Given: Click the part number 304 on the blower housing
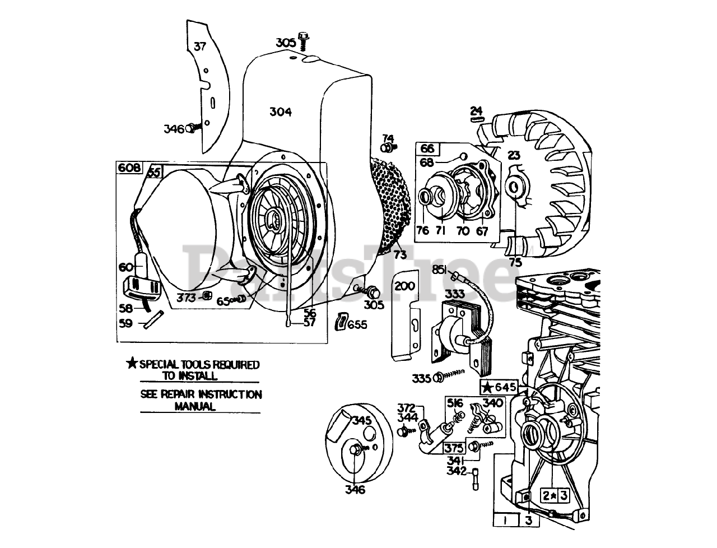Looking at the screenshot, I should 280,112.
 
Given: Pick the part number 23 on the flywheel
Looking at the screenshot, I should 514,155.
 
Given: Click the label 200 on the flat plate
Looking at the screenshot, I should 404,286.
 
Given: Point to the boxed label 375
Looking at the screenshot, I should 455,448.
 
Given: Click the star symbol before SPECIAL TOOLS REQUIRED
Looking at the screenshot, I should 132,364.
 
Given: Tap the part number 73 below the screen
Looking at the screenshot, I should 399,254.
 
